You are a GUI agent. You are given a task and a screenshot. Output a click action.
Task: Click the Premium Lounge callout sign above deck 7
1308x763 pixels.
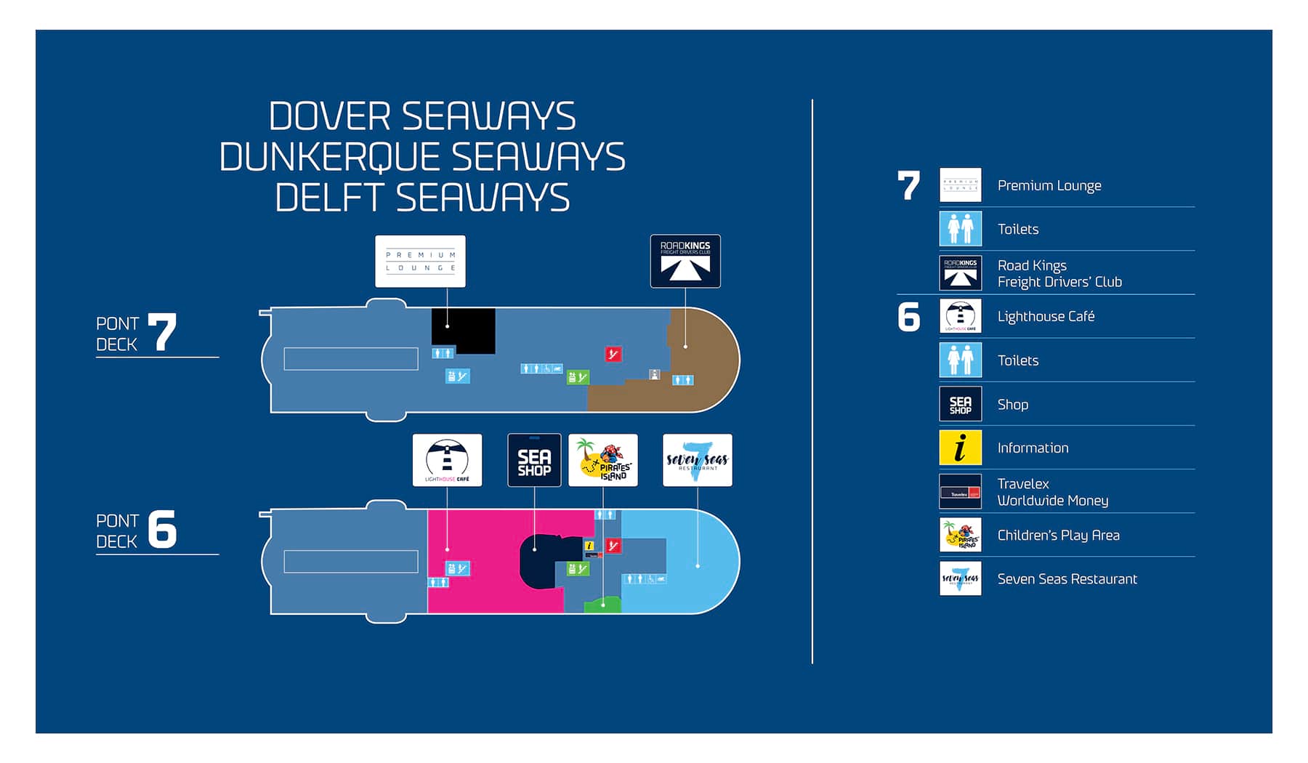click(x=420, y=261)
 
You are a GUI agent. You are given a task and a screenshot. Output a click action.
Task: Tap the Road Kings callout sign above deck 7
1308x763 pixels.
click(x=685, y=261)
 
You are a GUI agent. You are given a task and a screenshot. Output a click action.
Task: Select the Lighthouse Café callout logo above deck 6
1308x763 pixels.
click(x=447, y=460)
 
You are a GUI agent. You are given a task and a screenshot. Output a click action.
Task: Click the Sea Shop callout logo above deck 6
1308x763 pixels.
click(x=534, y=460)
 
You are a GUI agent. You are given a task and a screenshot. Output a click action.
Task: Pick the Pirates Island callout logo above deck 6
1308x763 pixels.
click(x=603, y=460)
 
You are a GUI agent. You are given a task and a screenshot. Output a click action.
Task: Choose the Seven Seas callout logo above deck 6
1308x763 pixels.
click(x=697, y=460)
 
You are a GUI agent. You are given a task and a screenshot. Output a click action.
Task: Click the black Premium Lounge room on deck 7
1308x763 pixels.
click(x=462, y=328)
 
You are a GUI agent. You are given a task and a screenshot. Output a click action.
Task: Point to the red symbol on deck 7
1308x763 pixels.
click(x=613, y=354)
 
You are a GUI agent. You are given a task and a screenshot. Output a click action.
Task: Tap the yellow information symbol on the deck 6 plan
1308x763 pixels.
click(x=589, y=545)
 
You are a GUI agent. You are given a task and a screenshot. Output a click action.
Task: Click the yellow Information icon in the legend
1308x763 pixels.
click(x=960, y=448)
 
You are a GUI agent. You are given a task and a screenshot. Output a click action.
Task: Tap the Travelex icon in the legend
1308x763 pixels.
click(x=960, y=492)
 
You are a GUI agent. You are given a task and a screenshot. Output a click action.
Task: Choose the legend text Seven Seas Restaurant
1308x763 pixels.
click(x=1067, y=579)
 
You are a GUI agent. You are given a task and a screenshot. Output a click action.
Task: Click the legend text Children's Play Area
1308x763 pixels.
click(x=1058, y=536)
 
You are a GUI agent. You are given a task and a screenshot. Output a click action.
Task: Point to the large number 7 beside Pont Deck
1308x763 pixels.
click(x=162, y=333)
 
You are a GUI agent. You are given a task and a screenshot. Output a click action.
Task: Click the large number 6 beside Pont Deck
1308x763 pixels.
click(x=162, y=529)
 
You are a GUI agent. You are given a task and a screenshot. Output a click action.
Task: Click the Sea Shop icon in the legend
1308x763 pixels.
click(x=960, y=404)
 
